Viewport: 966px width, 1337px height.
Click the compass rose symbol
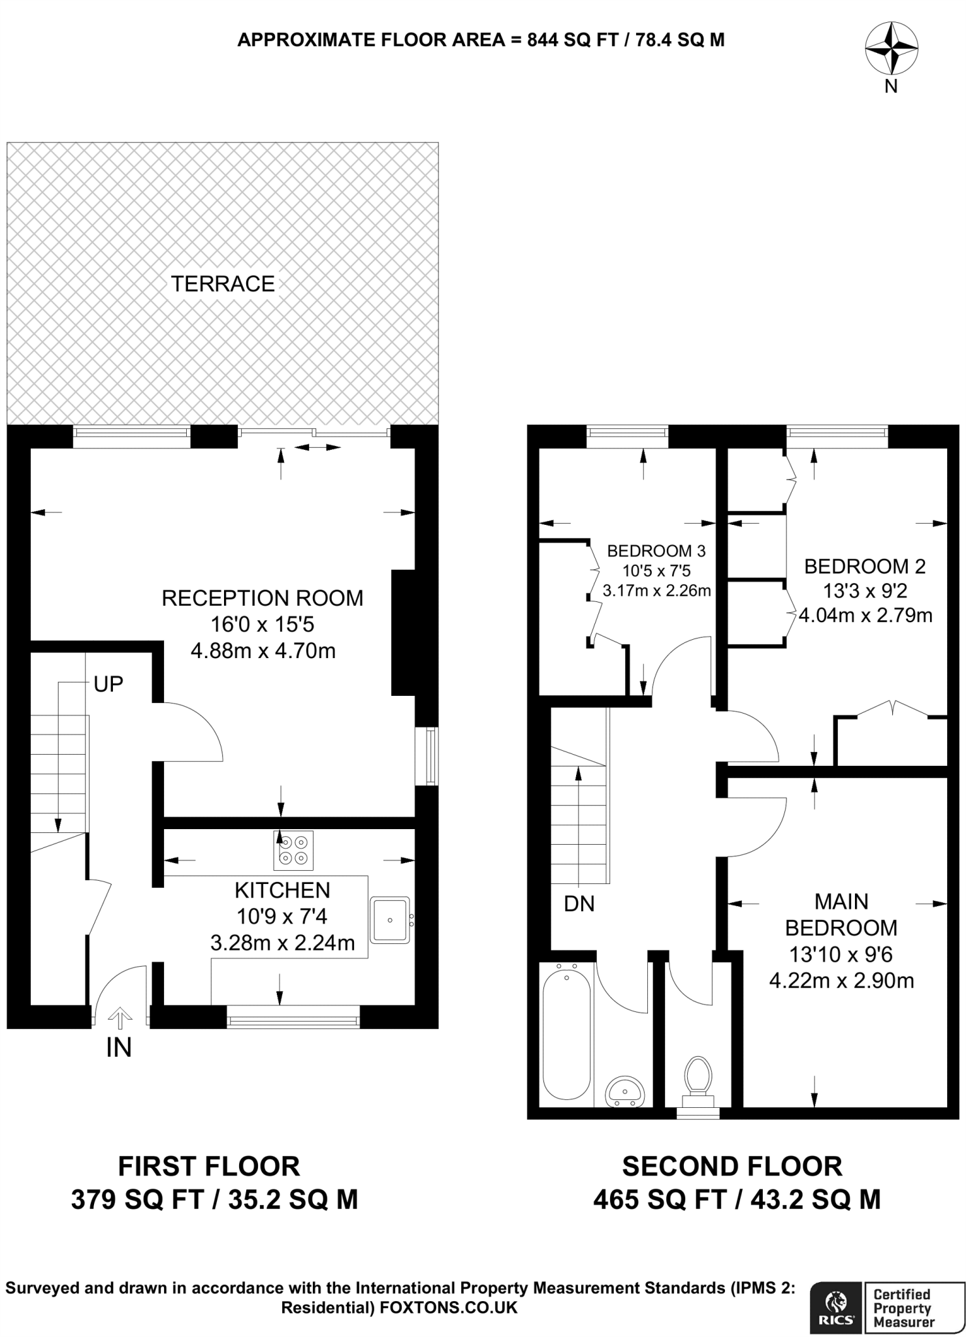point(891,48)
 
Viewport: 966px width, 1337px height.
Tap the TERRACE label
point(223,284)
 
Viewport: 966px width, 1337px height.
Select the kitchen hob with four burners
point(293,850)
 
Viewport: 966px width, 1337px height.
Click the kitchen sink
point(390,920)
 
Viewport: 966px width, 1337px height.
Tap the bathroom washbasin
point(625,1092)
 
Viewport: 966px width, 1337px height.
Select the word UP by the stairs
point(108,684)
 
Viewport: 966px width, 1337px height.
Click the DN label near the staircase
point(579,904)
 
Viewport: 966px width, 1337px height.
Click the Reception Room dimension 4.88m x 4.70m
point(263,651)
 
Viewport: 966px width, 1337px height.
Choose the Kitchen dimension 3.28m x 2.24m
point(282,943)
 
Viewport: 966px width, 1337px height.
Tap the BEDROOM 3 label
point(656,551)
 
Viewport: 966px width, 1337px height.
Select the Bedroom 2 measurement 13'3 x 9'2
point(865,591)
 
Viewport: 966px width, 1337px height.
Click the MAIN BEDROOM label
point(841,915)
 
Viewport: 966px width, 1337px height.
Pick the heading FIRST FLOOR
point(208,1166)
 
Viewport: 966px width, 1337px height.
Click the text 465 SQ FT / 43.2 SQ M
point(737,1199)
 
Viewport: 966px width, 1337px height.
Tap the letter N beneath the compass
point(891,86)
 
